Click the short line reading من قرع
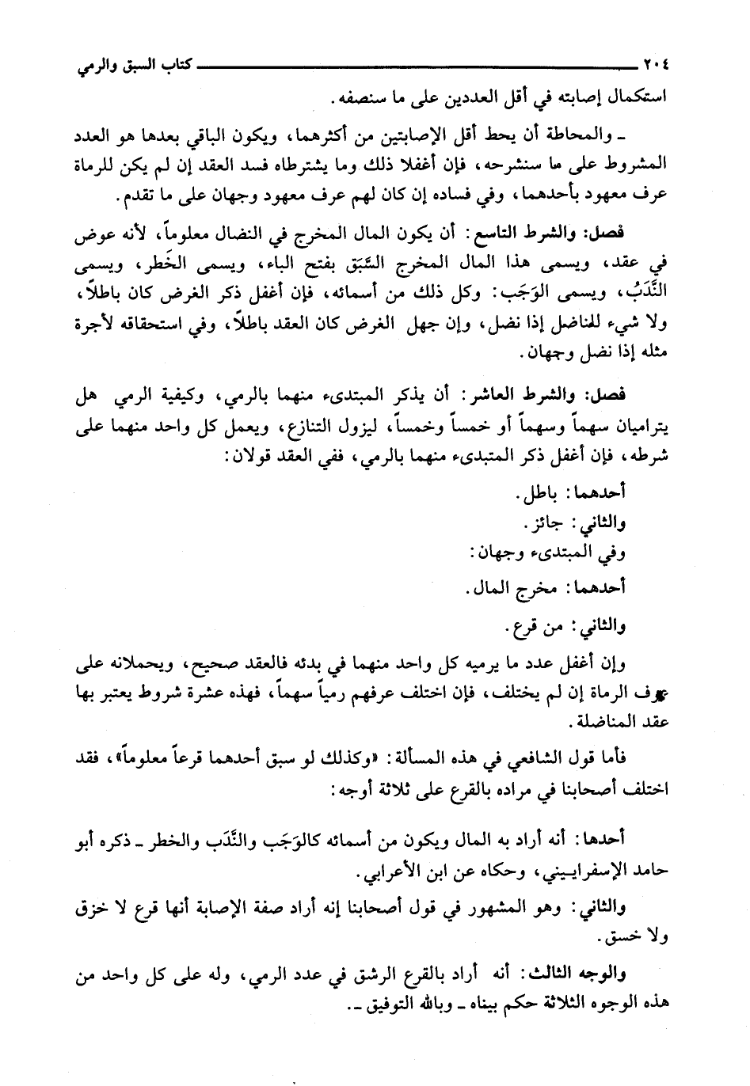pos(532,628)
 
